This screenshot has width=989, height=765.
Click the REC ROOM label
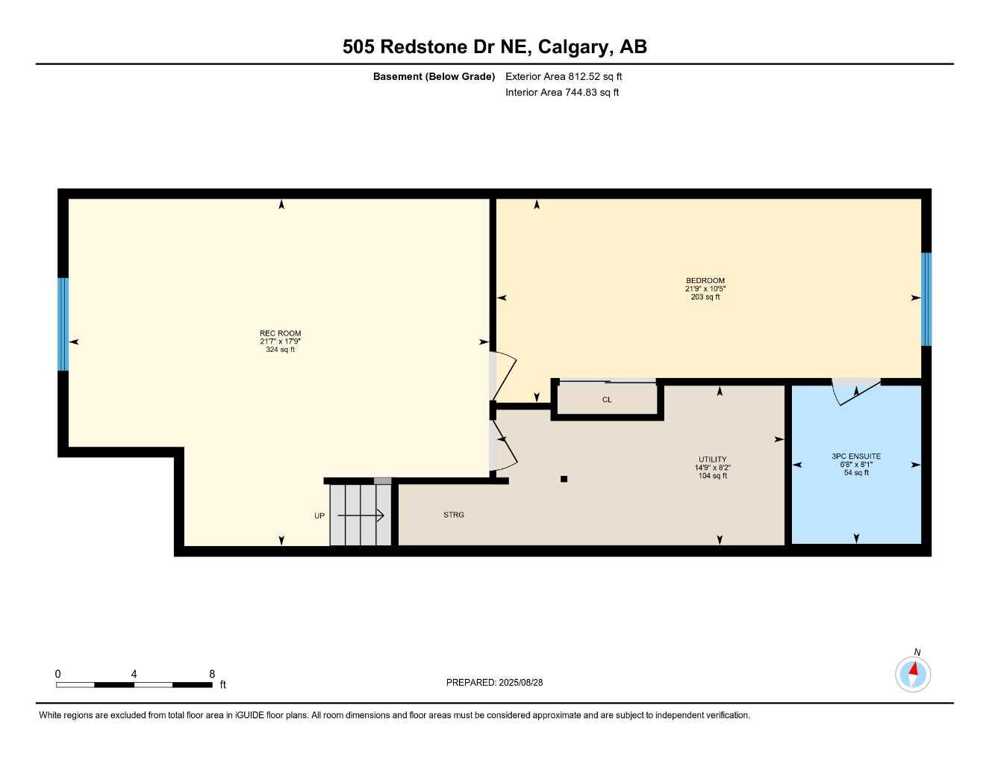[x=280, y=334]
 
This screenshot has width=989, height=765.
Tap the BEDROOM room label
[x=705, y=281]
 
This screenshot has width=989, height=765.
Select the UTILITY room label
[x=712, y=459]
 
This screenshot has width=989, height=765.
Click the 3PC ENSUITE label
[x=856, y=456]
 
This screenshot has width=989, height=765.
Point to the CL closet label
[x=607, y=400]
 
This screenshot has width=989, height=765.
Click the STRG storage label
[x=453, y=515]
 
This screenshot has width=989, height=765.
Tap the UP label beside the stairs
[x=319, y=516]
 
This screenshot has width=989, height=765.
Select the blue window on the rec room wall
[x=63, y=324]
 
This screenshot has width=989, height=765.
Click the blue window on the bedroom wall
[x=926, y=299]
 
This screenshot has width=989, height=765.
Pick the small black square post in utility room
[x=564, y=479]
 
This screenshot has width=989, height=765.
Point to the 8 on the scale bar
[x=212, y=674]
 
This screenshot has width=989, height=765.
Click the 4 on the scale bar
[x=134, y=674]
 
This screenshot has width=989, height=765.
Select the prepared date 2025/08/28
[x=521, y=682]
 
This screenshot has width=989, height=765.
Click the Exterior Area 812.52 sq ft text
[x=564, y=76]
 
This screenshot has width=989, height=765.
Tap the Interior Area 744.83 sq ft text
[x=562, y=93]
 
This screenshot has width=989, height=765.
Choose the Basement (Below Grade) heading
[x=434, y=76]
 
